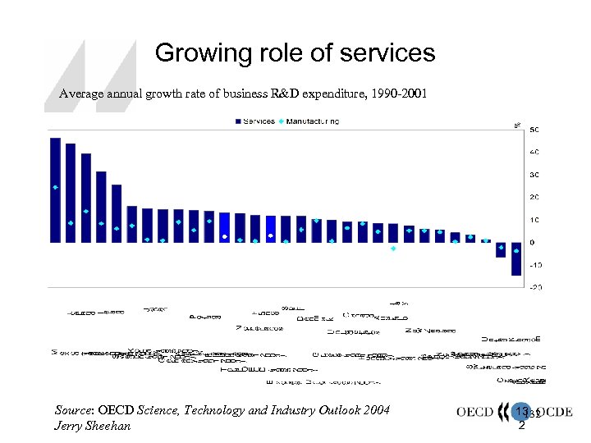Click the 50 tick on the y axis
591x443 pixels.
click(x=534, y=130)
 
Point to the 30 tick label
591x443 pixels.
click(x=534, y=175)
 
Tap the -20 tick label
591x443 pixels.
click(x=534, y=287)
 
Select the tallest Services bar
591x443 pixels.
click(x=55, y=190)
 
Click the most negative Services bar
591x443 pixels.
click(x=516, y=258)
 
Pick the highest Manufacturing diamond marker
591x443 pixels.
click(x=55, y=187)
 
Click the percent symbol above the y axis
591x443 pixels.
click(x=517, y=126)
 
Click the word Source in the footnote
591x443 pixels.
click(x=73, y=410)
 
